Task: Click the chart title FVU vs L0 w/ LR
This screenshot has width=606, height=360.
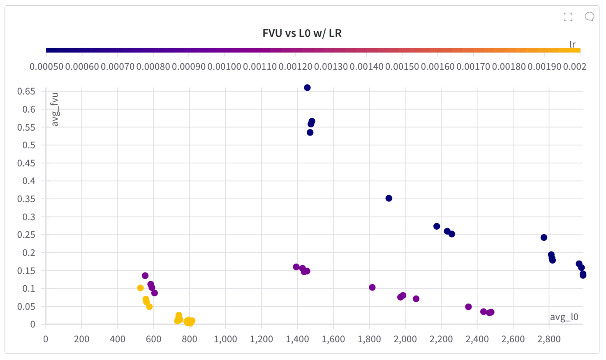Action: pos(302,33)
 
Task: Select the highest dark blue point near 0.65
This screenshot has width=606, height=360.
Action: pos(307,88)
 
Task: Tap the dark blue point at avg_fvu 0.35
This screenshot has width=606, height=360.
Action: pos(389,198)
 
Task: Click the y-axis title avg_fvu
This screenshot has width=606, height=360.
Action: pos(55,109)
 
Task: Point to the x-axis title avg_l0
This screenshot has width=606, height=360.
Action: pos(564,317)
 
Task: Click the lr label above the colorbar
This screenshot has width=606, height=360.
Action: pos(572,44)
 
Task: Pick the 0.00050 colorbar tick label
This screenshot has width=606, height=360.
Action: pos(46,67)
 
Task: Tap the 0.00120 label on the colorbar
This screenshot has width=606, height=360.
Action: pos(295,67)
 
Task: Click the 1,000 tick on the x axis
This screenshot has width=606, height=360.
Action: pos(225,339)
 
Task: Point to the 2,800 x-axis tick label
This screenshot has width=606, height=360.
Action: pos(549,339)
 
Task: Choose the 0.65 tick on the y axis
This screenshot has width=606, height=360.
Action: pos(26,91)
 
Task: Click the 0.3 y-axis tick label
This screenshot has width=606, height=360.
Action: pos(29,217)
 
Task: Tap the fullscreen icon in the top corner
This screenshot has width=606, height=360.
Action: pos(568,17)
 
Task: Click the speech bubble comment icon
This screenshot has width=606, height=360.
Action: pos(589,17)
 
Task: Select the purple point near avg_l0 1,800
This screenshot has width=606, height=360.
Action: pos(372,287)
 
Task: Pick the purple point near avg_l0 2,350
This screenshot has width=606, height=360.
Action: pos(468,307)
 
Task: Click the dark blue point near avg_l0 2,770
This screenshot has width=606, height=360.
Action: pos(544,238)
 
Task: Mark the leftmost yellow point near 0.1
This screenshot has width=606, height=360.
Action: pos(141,288)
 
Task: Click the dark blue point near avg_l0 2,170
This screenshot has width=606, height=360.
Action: pos(437,226)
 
